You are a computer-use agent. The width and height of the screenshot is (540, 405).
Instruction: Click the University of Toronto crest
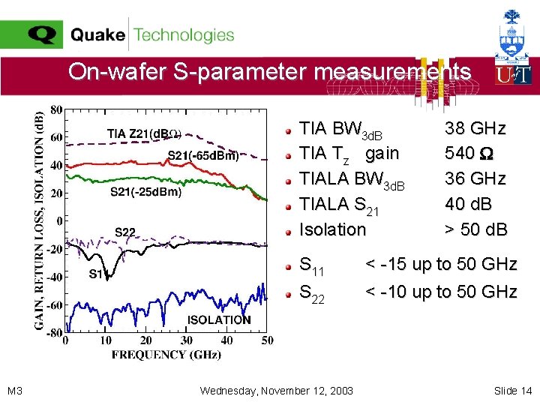513,35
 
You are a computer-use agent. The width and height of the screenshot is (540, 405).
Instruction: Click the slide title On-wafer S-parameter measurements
269,72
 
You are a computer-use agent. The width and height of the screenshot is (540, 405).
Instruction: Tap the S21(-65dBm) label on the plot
202,156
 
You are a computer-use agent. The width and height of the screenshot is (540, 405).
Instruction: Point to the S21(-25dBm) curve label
145,191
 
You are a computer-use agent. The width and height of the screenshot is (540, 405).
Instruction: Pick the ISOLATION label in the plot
218,319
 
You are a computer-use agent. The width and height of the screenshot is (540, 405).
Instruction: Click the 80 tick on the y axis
56,109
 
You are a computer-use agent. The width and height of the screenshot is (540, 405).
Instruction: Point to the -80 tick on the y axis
54,333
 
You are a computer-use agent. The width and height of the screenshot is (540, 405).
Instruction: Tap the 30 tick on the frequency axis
186,341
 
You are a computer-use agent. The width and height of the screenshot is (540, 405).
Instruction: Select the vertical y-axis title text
38,221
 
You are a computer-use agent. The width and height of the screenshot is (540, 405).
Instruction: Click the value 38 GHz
475,128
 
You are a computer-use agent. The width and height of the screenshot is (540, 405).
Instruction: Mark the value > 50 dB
476,229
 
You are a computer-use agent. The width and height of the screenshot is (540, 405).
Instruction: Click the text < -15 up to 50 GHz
441,264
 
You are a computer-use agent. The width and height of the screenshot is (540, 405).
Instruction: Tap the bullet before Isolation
288,230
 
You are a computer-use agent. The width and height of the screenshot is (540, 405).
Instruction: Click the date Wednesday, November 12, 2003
277,391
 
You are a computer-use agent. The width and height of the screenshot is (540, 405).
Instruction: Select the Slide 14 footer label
512,391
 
